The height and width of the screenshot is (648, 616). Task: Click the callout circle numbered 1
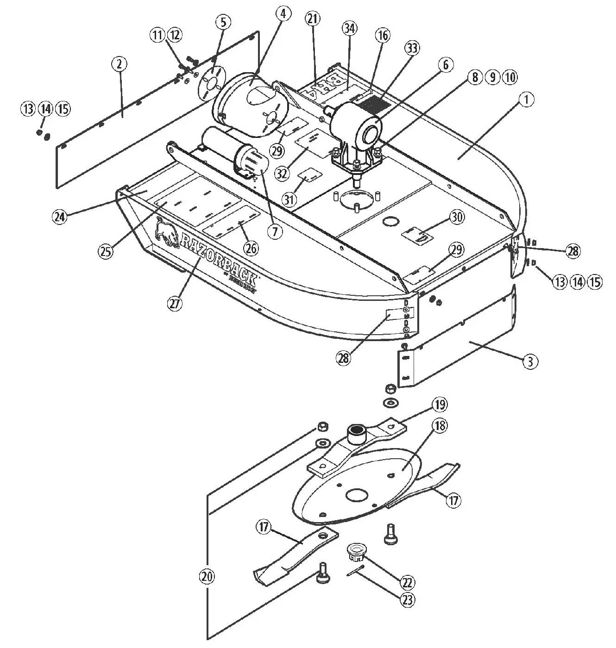(527, 100)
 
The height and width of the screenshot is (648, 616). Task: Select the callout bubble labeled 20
(207, 576)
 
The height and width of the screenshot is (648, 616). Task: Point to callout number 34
(349, 29)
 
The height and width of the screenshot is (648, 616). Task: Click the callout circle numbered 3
(531, 361)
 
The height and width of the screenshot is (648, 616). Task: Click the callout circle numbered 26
(251, 248)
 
